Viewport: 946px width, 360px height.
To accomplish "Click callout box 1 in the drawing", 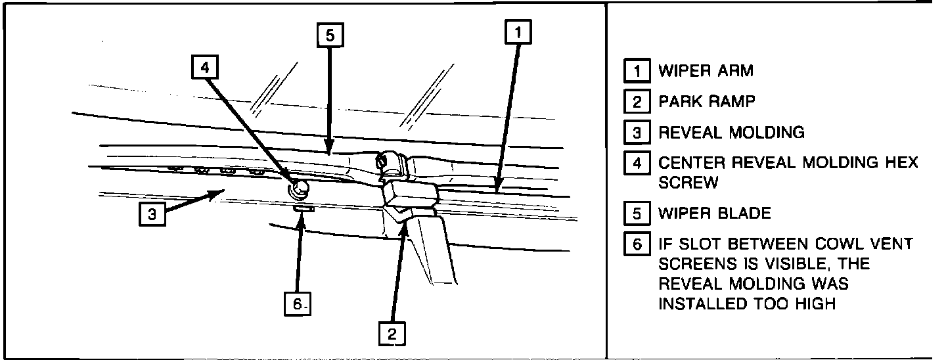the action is tap(518, 33).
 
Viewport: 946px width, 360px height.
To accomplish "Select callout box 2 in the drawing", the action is tap(392, 334).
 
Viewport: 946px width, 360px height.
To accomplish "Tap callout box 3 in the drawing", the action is tap(152, 215).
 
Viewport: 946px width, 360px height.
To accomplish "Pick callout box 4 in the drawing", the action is tap(206, 66).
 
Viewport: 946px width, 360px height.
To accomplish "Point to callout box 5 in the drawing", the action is tap(330, 36).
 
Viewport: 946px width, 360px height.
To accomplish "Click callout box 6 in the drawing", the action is tap(298, 304).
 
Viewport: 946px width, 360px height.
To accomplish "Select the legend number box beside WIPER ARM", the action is tap(637, 71).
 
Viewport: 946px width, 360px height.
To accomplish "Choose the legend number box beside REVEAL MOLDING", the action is tap(637, 132).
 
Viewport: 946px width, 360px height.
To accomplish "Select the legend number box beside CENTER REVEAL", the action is tap(637, 163).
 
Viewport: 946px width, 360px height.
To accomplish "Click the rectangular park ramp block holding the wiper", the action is tap(411, 197).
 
